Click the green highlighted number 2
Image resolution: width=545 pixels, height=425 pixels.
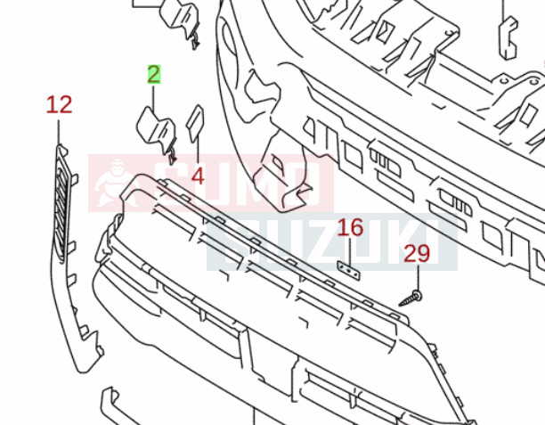tap(154, 74)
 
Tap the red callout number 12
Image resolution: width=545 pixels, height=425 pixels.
tap(59, 104)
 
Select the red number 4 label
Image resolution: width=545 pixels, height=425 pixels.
tap(198, 176)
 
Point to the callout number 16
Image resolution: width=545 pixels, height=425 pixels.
tap(350, 227)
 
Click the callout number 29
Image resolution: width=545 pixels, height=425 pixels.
tap(417, 253)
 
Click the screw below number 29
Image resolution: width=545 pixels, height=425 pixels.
tap(411, 298)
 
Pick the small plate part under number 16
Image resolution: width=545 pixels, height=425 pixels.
tap(348, 271)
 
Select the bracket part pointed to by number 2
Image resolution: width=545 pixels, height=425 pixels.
tap(157, 134)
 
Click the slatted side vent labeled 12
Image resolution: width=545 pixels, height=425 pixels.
tap(61, 205)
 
